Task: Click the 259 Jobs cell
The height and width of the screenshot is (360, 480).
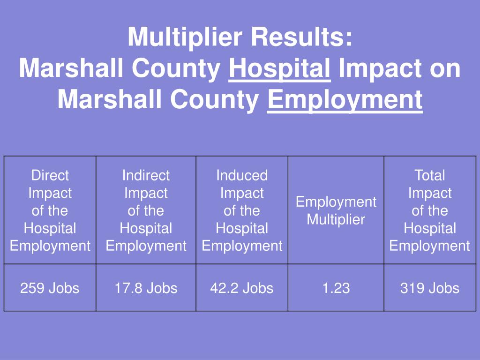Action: tap(50, 288)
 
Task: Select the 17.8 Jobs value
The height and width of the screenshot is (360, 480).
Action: tap(146, 288)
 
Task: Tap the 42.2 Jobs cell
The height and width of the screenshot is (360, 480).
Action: tap(242, 288)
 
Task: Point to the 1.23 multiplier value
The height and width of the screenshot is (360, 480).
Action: tap(336, 288)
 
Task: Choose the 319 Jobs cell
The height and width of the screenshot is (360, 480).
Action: tap(430, 288)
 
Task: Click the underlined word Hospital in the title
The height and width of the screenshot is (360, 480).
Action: tap(280, 69)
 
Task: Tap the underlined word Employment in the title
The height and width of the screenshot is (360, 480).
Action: tap(345, 99)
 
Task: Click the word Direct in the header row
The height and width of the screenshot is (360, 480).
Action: tap(50, 175)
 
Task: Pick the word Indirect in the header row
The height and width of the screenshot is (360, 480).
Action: tap(146, 175)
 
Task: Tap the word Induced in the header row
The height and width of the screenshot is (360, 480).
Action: tap(242, 175)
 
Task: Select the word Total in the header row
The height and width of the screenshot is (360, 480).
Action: tap(430, 175)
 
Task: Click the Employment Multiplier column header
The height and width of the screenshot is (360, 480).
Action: tap(336, 210)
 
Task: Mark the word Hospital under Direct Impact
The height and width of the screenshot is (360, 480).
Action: tap(50, 228)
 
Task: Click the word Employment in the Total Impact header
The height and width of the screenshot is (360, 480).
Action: tap(430, 246)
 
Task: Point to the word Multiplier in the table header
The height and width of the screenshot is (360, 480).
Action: tap(336, 219)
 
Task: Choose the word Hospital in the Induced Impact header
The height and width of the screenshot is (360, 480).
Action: tap(242, 228)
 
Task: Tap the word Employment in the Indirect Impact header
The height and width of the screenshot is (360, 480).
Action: tap(146, 246)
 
